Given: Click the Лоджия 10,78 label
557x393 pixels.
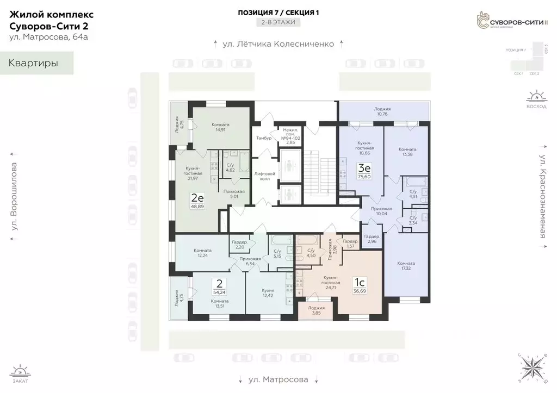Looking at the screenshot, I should point(382,112).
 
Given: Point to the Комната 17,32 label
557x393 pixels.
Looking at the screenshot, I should point(407,266).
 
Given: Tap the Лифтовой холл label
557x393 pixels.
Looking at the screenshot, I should point(265,176).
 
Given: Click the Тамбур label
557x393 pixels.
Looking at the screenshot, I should point(264,138).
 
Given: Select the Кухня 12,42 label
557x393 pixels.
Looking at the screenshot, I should point(268,294).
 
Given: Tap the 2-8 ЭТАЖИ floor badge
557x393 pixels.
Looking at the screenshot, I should point(278,23).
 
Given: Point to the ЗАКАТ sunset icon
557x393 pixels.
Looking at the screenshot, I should point(20,373).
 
